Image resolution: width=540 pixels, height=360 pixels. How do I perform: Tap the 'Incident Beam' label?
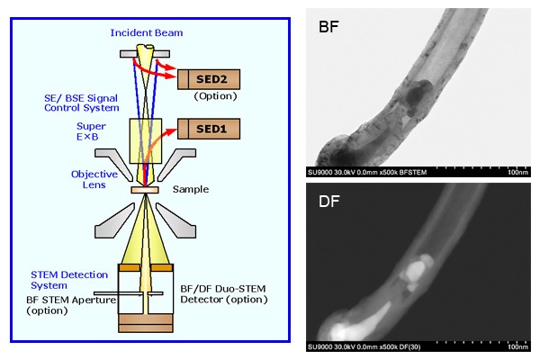click(x=148, y=32)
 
